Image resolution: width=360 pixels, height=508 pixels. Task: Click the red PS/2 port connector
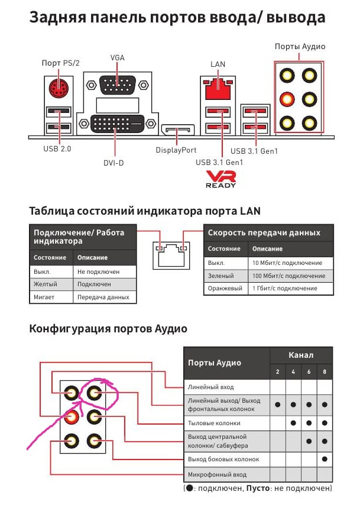tap(59, 88)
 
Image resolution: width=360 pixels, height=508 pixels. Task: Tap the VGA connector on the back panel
tap(117, 85)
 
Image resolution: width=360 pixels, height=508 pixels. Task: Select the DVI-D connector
tap(117, 124)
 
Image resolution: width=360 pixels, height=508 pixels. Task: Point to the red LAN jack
tap(218, 89)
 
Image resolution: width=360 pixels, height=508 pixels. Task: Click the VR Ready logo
tap(221, 180)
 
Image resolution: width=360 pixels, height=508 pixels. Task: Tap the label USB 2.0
tap(57, 149)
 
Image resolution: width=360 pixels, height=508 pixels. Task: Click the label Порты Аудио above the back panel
tap(300, 46)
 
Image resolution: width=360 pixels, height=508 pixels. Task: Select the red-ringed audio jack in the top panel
tap(287, 99)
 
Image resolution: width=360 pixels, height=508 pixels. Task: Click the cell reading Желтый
tap(46, 284)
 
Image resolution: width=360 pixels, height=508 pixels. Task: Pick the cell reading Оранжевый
tap(225, 289)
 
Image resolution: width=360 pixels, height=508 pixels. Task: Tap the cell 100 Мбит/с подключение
tap(289, 276)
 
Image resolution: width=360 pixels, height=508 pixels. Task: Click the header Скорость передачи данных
tap(264, 232)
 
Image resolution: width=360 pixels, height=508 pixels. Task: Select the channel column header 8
tap(325, 371)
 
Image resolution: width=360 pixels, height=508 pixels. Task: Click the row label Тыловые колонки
tap(214, 423)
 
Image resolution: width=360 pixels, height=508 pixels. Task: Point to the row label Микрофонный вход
tap(217, 475)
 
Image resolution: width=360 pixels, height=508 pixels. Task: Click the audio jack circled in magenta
tap(94, 393)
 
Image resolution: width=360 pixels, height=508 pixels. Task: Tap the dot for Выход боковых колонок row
tap(325, 459)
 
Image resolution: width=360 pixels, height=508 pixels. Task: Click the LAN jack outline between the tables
tap(171, 255)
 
